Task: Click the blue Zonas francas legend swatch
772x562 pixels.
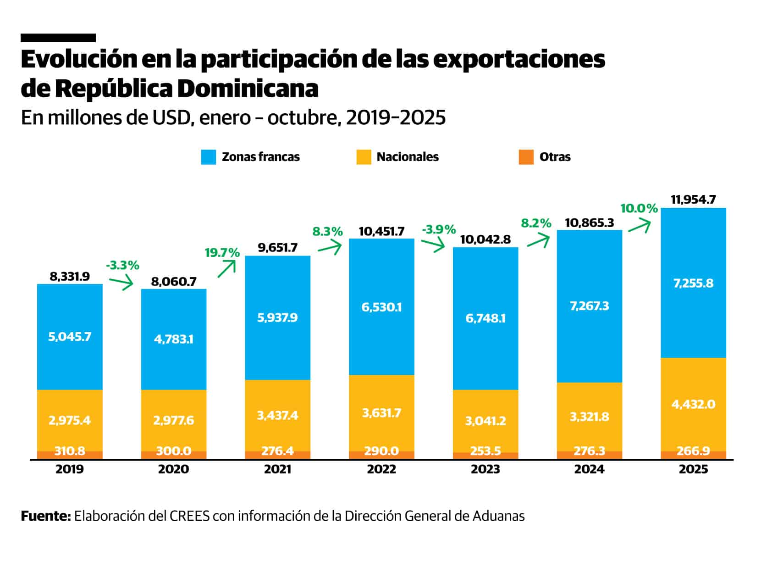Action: click(208, 157)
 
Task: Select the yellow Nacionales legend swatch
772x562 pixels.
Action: click(363, 157)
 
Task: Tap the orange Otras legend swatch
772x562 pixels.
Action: click(526, 157)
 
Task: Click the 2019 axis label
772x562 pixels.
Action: click(70, 469)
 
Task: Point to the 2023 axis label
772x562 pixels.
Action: click(485, 469)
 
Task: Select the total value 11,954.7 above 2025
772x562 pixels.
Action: click(693, 200)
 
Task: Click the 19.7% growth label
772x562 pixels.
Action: click(222, 253)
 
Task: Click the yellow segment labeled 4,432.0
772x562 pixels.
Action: click(693, 404)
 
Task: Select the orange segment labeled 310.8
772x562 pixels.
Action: click(70, 454)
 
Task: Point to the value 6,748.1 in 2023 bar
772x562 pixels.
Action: click(485, 318)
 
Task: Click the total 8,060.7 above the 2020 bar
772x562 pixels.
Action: click(174, 281)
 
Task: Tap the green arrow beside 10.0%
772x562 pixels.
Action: click(639, 226)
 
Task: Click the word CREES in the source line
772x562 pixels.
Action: click(189, 516)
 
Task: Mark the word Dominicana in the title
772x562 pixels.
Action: click(248, 89)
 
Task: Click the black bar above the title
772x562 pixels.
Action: click(58, 38)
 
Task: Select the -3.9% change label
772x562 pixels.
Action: click(439, 229)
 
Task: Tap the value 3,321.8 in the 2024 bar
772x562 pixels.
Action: click(589, 417)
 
